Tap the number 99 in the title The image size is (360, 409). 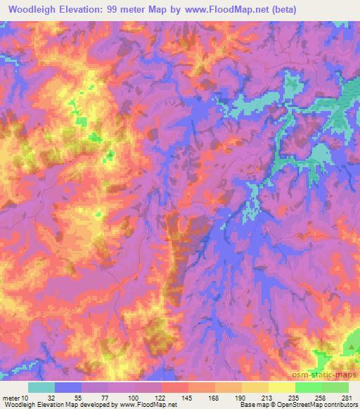tap(111, 9)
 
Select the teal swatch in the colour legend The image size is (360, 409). tap(41, 387)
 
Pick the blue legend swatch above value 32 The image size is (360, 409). tap(68, 387)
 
